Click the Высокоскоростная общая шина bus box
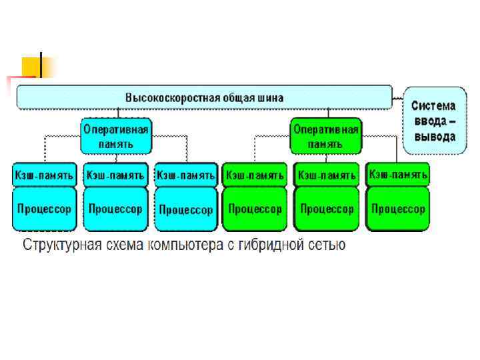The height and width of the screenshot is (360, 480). coord(204,97)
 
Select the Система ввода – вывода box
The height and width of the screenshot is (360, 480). coord(433,121)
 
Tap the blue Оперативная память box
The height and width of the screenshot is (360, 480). coord(116,135)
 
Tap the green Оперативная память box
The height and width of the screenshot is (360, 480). coord(325,135)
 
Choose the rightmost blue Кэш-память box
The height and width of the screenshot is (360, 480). coord(185,175)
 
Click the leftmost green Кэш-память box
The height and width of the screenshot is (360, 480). coord(255,175)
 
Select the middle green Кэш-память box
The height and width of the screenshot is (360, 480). coord(327,175)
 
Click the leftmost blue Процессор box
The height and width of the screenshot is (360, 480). coord(43,209)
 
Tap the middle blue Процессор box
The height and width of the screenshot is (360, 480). coord(115,209)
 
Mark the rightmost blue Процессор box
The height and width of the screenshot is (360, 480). coord(185,209)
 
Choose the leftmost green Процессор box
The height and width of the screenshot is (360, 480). coord(255,209)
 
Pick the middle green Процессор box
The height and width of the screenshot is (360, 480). coord(327,209)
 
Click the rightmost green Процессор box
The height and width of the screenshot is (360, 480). coord(398,209)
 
